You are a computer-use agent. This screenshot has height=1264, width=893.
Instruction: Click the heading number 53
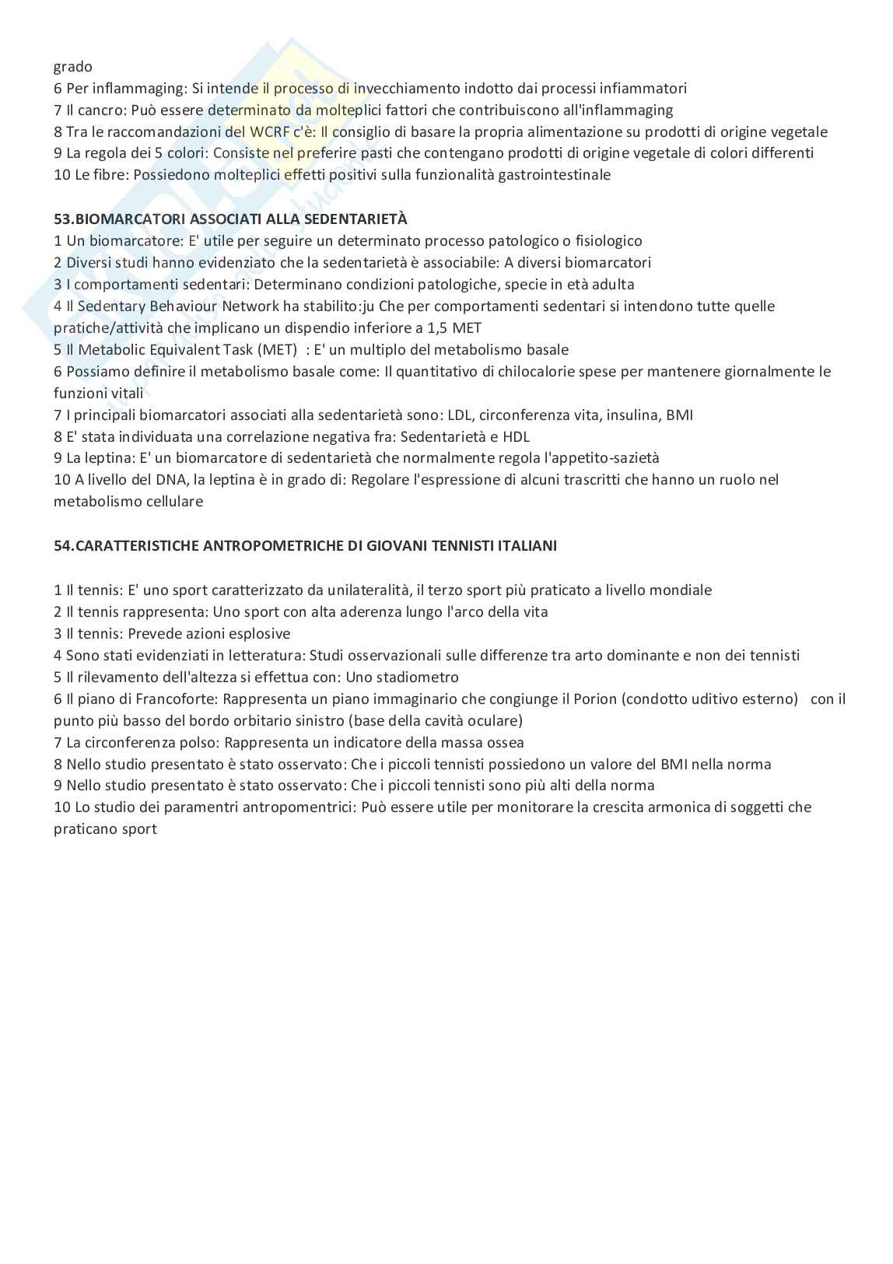(x=62, y=219)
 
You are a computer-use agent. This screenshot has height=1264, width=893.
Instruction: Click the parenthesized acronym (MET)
(x=277, y=350)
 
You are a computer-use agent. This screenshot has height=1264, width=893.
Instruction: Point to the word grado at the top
(x=72, y=67)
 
